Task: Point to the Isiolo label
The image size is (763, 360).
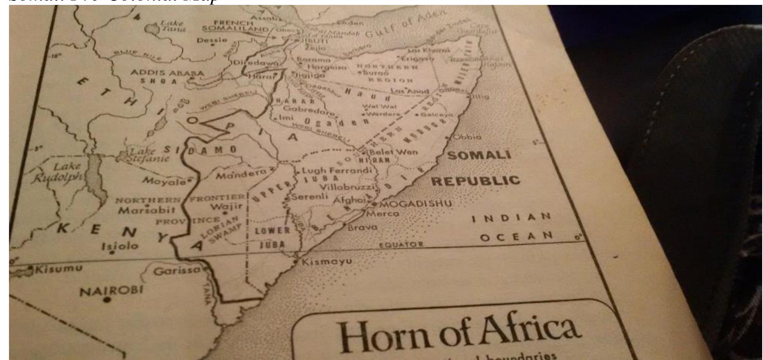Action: point(120,246)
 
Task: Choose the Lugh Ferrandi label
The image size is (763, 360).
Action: point(337,170)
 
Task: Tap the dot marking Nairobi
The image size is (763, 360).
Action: point(107,300)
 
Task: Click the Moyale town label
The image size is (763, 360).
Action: point(163,181)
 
